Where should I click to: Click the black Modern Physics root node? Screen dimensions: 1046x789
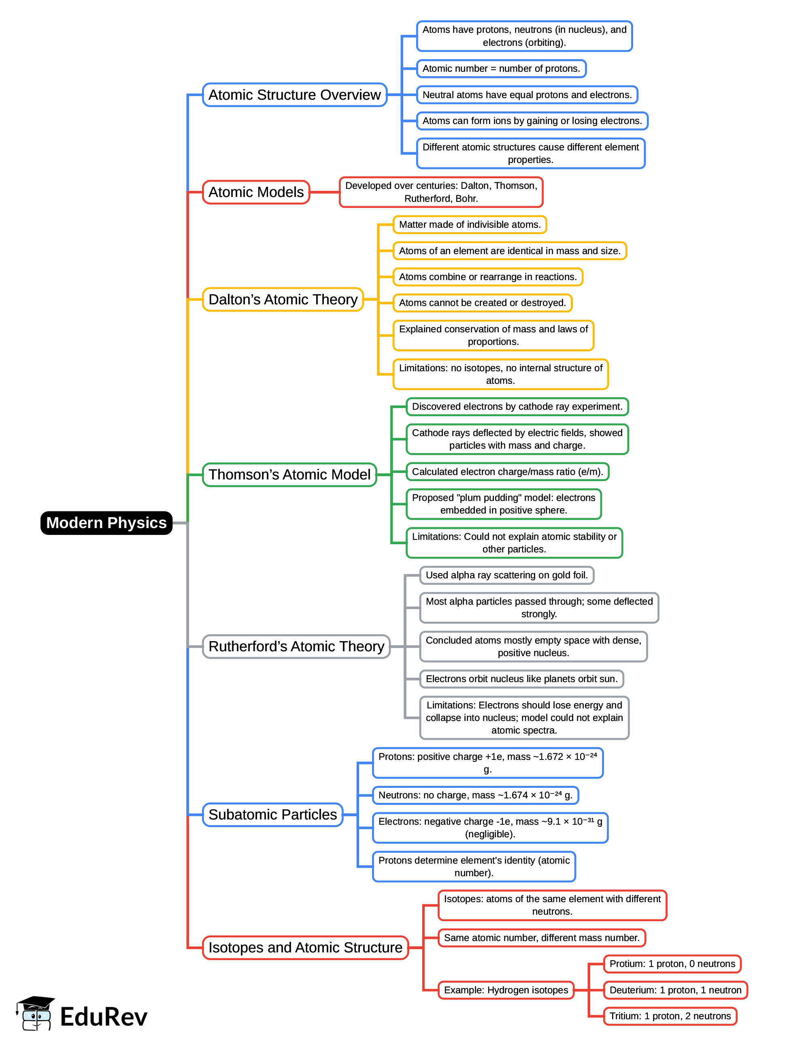click(106, 522)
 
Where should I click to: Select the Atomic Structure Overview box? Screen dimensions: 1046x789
click(294, 95)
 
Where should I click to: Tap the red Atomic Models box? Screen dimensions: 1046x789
click(256, 192)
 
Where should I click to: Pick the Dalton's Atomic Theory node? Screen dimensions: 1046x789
click(283, 299)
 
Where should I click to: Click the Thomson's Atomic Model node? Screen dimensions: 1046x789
click(289, 474)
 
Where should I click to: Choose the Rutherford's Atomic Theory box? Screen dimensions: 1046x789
click(296, 646)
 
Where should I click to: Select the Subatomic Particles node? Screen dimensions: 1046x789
click(272, 814)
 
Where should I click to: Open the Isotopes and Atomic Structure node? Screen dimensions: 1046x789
click(305, 947)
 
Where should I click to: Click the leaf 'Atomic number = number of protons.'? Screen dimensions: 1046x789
click(501, 68)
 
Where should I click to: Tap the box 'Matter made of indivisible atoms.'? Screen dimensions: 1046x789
click(470, 225)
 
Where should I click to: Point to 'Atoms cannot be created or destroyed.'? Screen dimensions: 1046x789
click(482, 303)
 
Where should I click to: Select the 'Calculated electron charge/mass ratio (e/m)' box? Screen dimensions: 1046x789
click(507, 471)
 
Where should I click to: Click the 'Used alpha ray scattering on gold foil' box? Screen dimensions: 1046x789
click(506, 575)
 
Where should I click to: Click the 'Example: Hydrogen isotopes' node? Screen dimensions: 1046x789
click(506, 990)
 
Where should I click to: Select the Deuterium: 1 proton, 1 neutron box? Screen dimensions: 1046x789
click(675, 990)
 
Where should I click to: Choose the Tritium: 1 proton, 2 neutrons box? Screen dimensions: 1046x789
click(670, 1016)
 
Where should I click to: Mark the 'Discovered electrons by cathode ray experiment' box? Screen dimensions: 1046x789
click(517, 406)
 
